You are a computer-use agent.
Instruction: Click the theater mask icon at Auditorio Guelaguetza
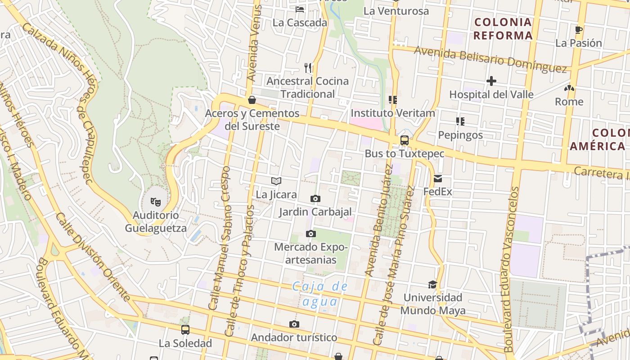point(155,201)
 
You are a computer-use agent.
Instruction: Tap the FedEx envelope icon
point(438,179)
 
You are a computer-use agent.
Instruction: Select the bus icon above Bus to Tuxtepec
point(404,140)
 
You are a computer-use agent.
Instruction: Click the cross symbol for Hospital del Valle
point(491,81)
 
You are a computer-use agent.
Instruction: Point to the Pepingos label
point(460,135)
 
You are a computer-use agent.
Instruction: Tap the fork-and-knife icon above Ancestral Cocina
point(308,68)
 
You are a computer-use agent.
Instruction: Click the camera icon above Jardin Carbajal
point(315,198)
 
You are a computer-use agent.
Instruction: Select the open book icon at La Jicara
point(276,181)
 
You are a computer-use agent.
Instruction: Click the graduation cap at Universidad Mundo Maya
point(432,284)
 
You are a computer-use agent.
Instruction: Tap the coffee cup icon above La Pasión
point(579,30)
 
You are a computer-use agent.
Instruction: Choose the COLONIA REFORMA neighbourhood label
point(503,29)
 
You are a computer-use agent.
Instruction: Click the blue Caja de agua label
point(320,294)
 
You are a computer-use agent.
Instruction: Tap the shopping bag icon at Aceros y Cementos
point(252,99)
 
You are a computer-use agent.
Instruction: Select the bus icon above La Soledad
point(185,330)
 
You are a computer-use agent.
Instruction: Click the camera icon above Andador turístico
point(294,324)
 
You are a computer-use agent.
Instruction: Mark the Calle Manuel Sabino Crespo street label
point(220,238)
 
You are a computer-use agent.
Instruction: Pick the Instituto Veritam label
point(393,113)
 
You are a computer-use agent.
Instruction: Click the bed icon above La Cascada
point(300,9)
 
